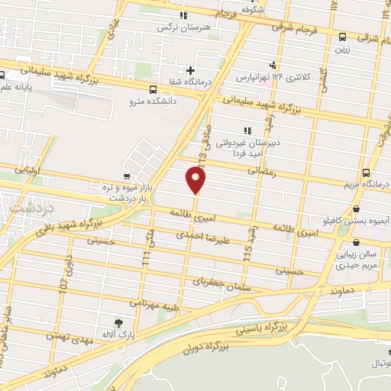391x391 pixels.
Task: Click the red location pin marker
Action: coord(196,180)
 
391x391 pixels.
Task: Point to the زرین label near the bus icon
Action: coord(341,48)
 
